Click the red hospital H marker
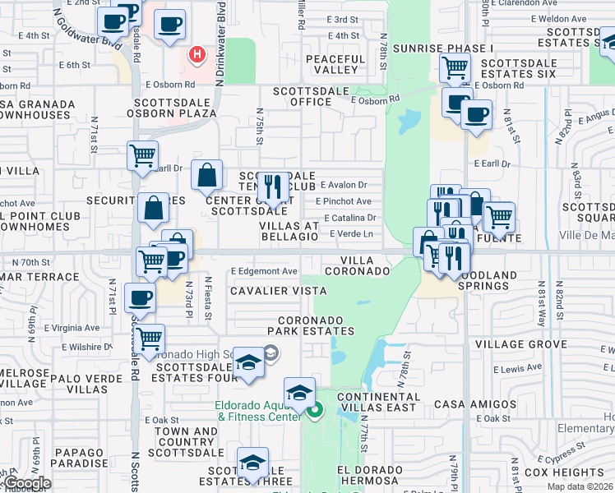[x=197, y=55]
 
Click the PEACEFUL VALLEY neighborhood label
[x=335, y=65]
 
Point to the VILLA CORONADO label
[x=357, y=265]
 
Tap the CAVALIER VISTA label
[x=278, y=291]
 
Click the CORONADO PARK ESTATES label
[x=316, y=325]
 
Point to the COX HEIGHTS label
[x=563, y=472]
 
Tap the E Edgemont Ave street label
[x=264, y=271]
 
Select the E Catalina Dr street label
[x=349, y=218]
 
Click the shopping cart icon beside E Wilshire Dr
[x=149, y=339]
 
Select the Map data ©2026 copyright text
[x=581, y=486]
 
